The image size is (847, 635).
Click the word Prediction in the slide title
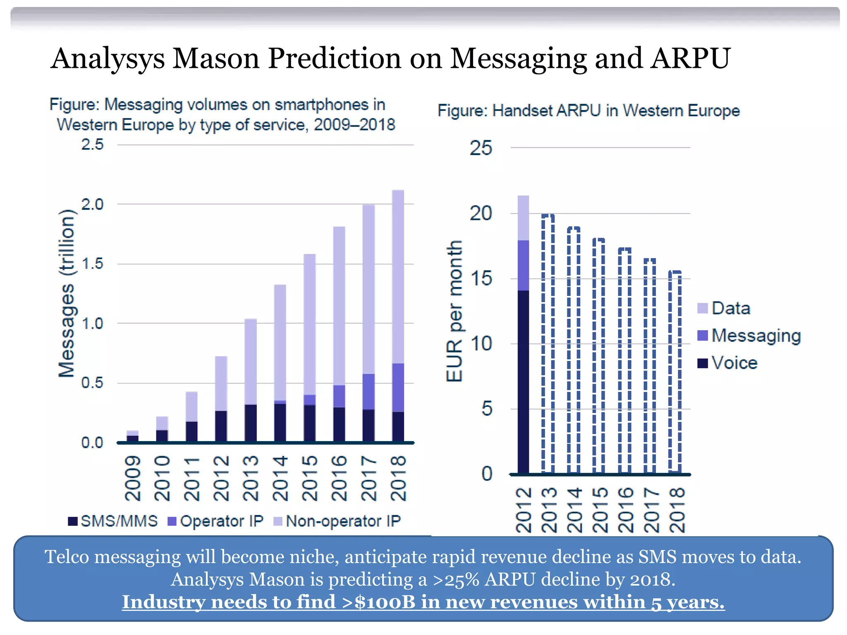(x=334, y=59)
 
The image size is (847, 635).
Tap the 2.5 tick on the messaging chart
(x=92, y=145)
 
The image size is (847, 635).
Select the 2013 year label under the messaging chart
(x=251, y=478)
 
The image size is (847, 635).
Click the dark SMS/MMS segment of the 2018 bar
(x=398, y=427)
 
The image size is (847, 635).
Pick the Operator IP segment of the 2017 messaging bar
(x=368, y=392)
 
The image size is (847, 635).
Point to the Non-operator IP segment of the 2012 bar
(x=221, y=383)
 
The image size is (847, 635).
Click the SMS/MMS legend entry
(x=113, y=521)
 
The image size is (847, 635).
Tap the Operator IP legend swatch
(x=172, y=521)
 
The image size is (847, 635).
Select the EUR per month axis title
(x=455, y=311)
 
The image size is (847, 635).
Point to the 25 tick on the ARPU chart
(x=481, y=148)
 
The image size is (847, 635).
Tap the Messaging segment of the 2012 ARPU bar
(x=523, y=265)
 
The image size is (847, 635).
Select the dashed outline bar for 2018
(x=675, y=372)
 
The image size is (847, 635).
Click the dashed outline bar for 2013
(x=548, y=343)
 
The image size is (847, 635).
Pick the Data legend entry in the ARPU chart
(x=724, y=308)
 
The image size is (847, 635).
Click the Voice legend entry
(x=728, y=363)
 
